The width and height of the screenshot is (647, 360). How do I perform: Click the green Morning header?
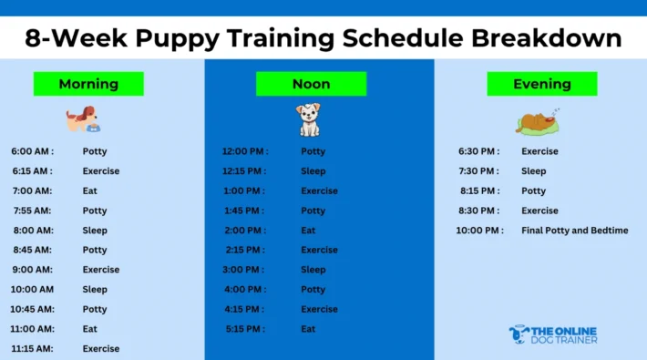88,84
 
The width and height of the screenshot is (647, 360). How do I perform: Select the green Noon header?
311,84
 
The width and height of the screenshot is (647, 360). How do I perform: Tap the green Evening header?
541,84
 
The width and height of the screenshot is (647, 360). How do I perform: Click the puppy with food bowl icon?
84,119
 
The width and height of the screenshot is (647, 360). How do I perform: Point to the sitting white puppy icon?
308,119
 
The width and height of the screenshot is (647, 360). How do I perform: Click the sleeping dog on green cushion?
538,121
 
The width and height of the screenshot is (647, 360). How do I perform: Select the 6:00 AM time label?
32,151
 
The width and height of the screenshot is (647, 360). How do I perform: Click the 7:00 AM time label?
32,190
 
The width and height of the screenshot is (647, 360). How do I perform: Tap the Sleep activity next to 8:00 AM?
95,231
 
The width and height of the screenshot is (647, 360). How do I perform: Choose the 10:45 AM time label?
32,309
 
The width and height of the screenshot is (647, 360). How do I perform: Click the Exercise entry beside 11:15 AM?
101,348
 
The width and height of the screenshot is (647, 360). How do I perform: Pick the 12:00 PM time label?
245,151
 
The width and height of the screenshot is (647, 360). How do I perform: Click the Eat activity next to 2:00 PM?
308,231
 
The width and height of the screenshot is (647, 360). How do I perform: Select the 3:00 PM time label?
244,270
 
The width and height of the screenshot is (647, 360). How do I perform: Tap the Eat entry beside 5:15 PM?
308,329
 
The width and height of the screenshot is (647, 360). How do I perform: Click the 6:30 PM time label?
478,151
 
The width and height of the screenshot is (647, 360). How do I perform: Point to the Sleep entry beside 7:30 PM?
534,171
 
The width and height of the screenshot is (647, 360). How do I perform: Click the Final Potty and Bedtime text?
574,231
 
